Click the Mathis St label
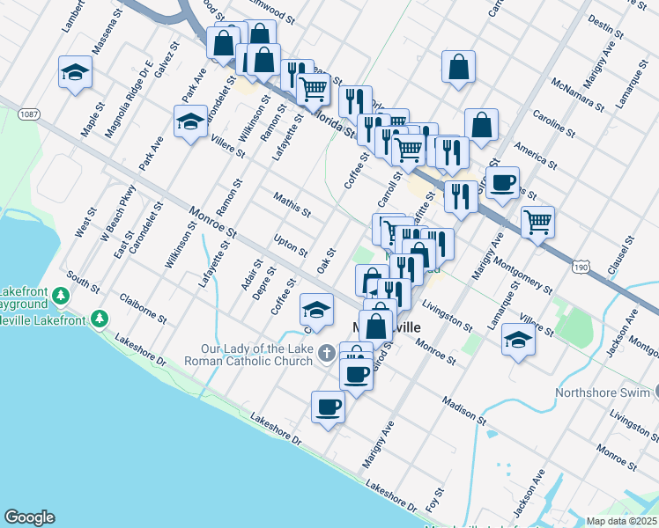[292, 206]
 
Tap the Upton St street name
[290, 246]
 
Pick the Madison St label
[466, 407]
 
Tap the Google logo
[29, 517]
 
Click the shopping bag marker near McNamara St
[458, 67]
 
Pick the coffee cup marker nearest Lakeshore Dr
[328, 407]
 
